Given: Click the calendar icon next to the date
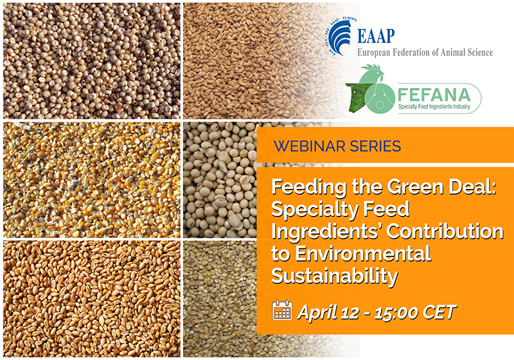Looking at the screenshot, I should (x=281, y=311).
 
